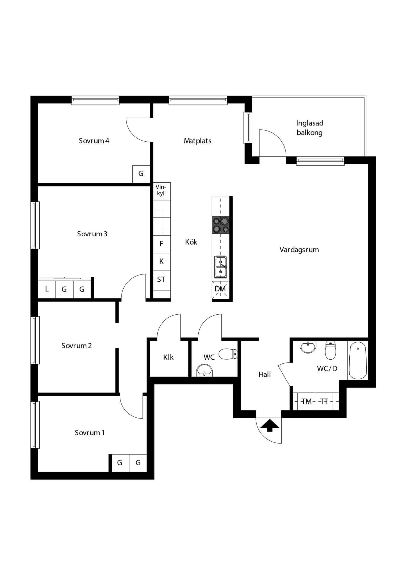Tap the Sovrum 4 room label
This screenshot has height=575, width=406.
94,141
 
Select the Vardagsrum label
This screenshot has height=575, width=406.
299,250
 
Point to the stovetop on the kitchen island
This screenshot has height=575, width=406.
221,225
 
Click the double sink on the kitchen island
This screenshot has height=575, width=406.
221,267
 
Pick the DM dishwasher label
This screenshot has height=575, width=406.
220,289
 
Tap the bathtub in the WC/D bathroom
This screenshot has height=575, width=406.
358,360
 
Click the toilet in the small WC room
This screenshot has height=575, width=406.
228,354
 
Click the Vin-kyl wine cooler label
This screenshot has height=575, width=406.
161,190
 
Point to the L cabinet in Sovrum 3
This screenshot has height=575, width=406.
47,289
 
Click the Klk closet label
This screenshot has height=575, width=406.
168,357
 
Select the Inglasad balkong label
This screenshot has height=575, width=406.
310,128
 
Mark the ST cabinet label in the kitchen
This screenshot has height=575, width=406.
161,280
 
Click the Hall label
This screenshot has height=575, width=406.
265,375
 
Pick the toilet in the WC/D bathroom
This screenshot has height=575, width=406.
330,350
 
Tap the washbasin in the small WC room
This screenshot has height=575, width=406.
204,371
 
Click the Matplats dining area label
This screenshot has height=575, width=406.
198,141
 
